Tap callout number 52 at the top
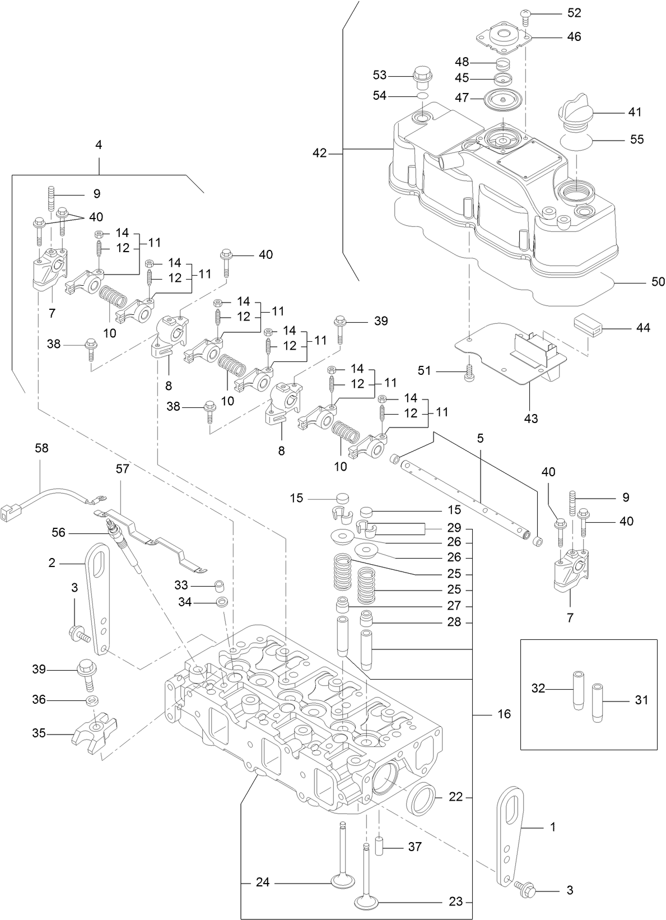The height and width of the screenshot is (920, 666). click(x=574, y=13)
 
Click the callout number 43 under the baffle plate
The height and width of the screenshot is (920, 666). click(x=530, y=418)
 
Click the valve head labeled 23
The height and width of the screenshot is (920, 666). click(x=366, y=902)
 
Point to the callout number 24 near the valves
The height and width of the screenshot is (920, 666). click(x=262, y=882)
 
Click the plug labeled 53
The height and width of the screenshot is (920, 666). click(x=421, y=78)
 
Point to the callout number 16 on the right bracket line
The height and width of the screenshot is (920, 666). click(x=504, y=714)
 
